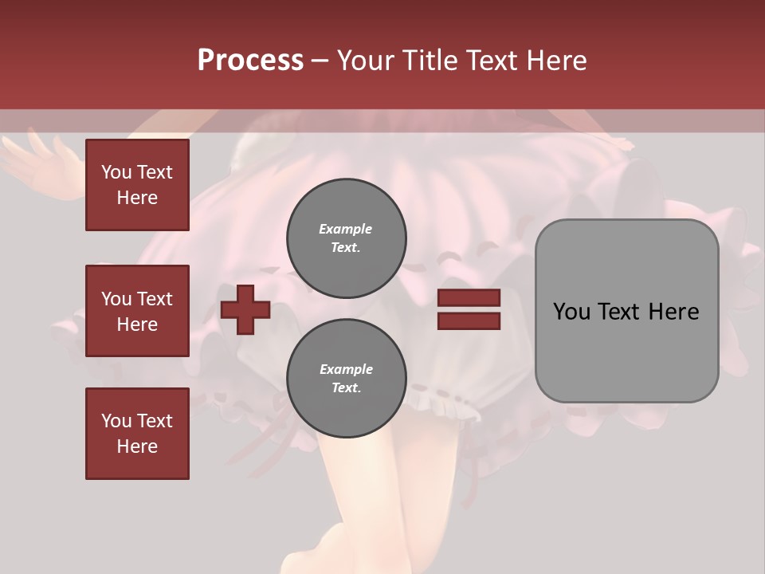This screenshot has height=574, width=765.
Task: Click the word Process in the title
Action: coord(250,60)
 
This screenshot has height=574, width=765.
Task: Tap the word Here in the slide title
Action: coord(555,60)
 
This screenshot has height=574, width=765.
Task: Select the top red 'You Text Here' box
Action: coord(137,185)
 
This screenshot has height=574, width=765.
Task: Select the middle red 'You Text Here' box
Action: coord(137,311)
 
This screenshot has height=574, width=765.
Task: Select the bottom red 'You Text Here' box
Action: coord(137,434)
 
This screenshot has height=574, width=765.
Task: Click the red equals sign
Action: coord(469,309)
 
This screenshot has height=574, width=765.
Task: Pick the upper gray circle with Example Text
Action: coord(346,238)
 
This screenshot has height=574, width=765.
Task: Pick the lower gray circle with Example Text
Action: coord(346,378)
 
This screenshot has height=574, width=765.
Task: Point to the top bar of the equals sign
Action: coord(469,298)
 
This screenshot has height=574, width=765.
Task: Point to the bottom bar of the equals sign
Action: coord(469,320)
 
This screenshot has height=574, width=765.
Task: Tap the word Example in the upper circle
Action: coord(345,229)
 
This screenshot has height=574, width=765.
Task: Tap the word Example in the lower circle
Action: coord(345,369)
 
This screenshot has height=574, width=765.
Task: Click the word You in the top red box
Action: coord(116,172)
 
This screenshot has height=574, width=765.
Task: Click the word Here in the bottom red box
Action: coord(137,446)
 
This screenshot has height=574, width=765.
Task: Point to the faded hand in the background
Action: coord(40,159)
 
